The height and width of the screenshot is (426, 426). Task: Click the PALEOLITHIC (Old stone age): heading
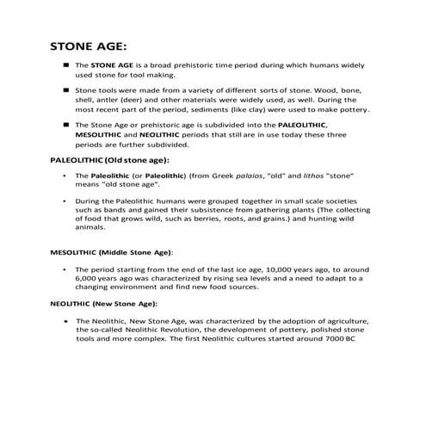[x=107, y=160]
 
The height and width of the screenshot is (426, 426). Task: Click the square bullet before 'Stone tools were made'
[x=65, y=89]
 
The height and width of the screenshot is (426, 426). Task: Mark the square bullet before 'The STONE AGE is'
[x=65, y=65]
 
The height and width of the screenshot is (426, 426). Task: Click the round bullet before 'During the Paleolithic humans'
[x=65, y=200]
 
